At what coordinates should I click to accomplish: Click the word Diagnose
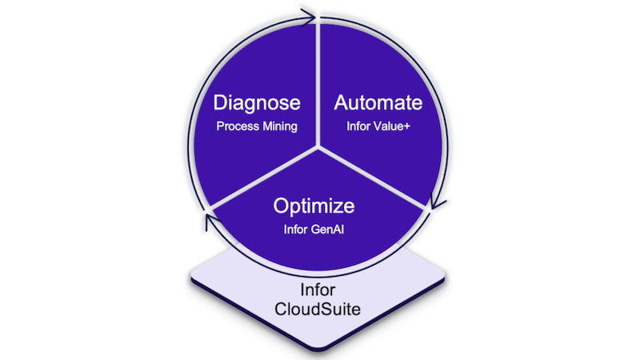[x=257, y=103]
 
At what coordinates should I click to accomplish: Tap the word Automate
[x=378, y=102]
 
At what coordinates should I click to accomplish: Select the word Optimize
[x=314, y=206]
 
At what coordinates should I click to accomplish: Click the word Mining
[x=280, y=126]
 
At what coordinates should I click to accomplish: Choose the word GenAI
[x=329, y=230]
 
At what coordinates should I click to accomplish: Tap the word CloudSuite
[x=318, y=309]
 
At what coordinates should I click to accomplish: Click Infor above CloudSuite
[x=318, y=290]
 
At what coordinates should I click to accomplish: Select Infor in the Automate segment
[x=359, y=126]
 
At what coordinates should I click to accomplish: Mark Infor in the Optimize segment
[x=296, y=230]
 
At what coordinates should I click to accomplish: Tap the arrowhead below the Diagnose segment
[x=211, y=222]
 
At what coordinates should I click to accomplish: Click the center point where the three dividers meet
[x=318, y=147]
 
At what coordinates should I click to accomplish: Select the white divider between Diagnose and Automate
[x=318, y=85]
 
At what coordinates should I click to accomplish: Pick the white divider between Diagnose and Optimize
[x=264, y=178]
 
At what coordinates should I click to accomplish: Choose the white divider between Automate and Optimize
[x=371, y=178]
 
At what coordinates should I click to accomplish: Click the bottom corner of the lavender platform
[x=318, y=350]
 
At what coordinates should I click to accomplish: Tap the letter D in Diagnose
[x=221, y=102]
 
